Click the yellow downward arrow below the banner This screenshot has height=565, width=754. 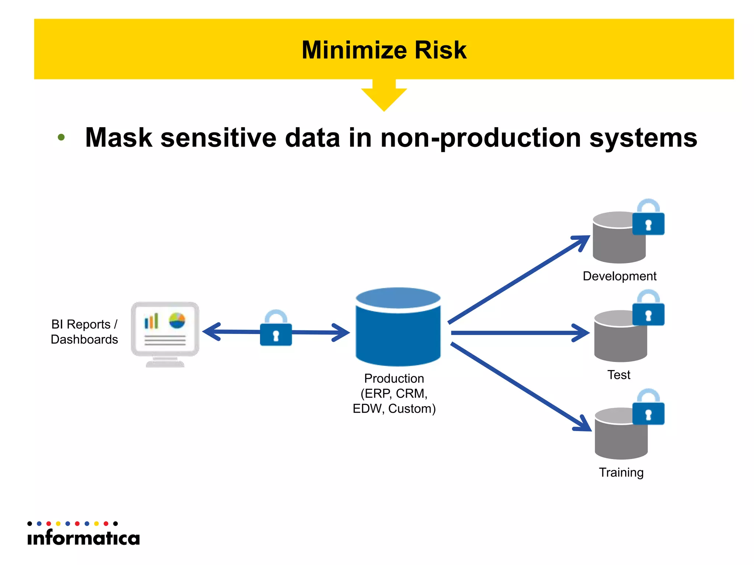click(384, 96)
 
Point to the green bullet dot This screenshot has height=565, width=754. click(61, 138)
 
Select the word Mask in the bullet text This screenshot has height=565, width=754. click(119, 138)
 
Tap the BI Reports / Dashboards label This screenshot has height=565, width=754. click(84, 332)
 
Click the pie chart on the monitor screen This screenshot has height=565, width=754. click(177, 321)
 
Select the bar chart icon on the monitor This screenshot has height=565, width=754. click(151, 321)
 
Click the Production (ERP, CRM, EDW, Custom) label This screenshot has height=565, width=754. click(394, 393)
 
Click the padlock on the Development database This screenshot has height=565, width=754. click(648, 219)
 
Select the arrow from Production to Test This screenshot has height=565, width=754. click(519, 333)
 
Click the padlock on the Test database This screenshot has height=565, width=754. click(648, 310)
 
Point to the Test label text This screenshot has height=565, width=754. click(619, 375)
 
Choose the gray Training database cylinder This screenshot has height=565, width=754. click(620, 438)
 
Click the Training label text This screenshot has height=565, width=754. click(621, 472)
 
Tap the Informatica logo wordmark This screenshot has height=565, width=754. click(84, 538)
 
